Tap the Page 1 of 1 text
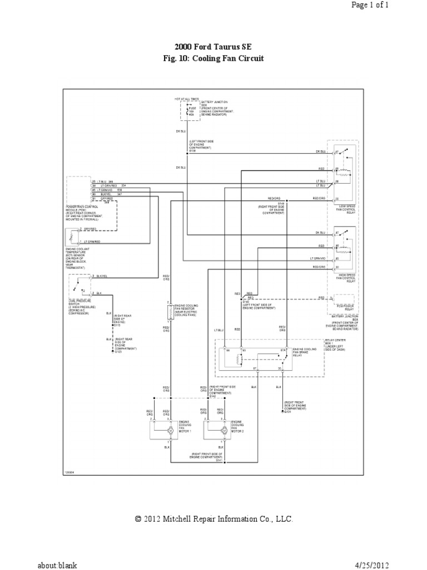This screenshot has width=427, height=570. [x=396, y=5]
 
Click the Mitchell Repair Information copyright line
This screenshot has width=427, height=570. [x=213, y=519]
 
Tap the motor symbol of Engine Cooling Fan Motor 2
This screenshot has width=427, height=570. [x=224, y=430]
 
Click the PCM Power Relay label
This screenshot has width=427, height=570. [x=342, y=305]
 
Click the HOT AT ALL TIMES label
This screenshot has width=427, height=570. [x=185, y=99]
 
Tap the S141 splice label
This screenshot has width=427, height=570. [x=219, y=460]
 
